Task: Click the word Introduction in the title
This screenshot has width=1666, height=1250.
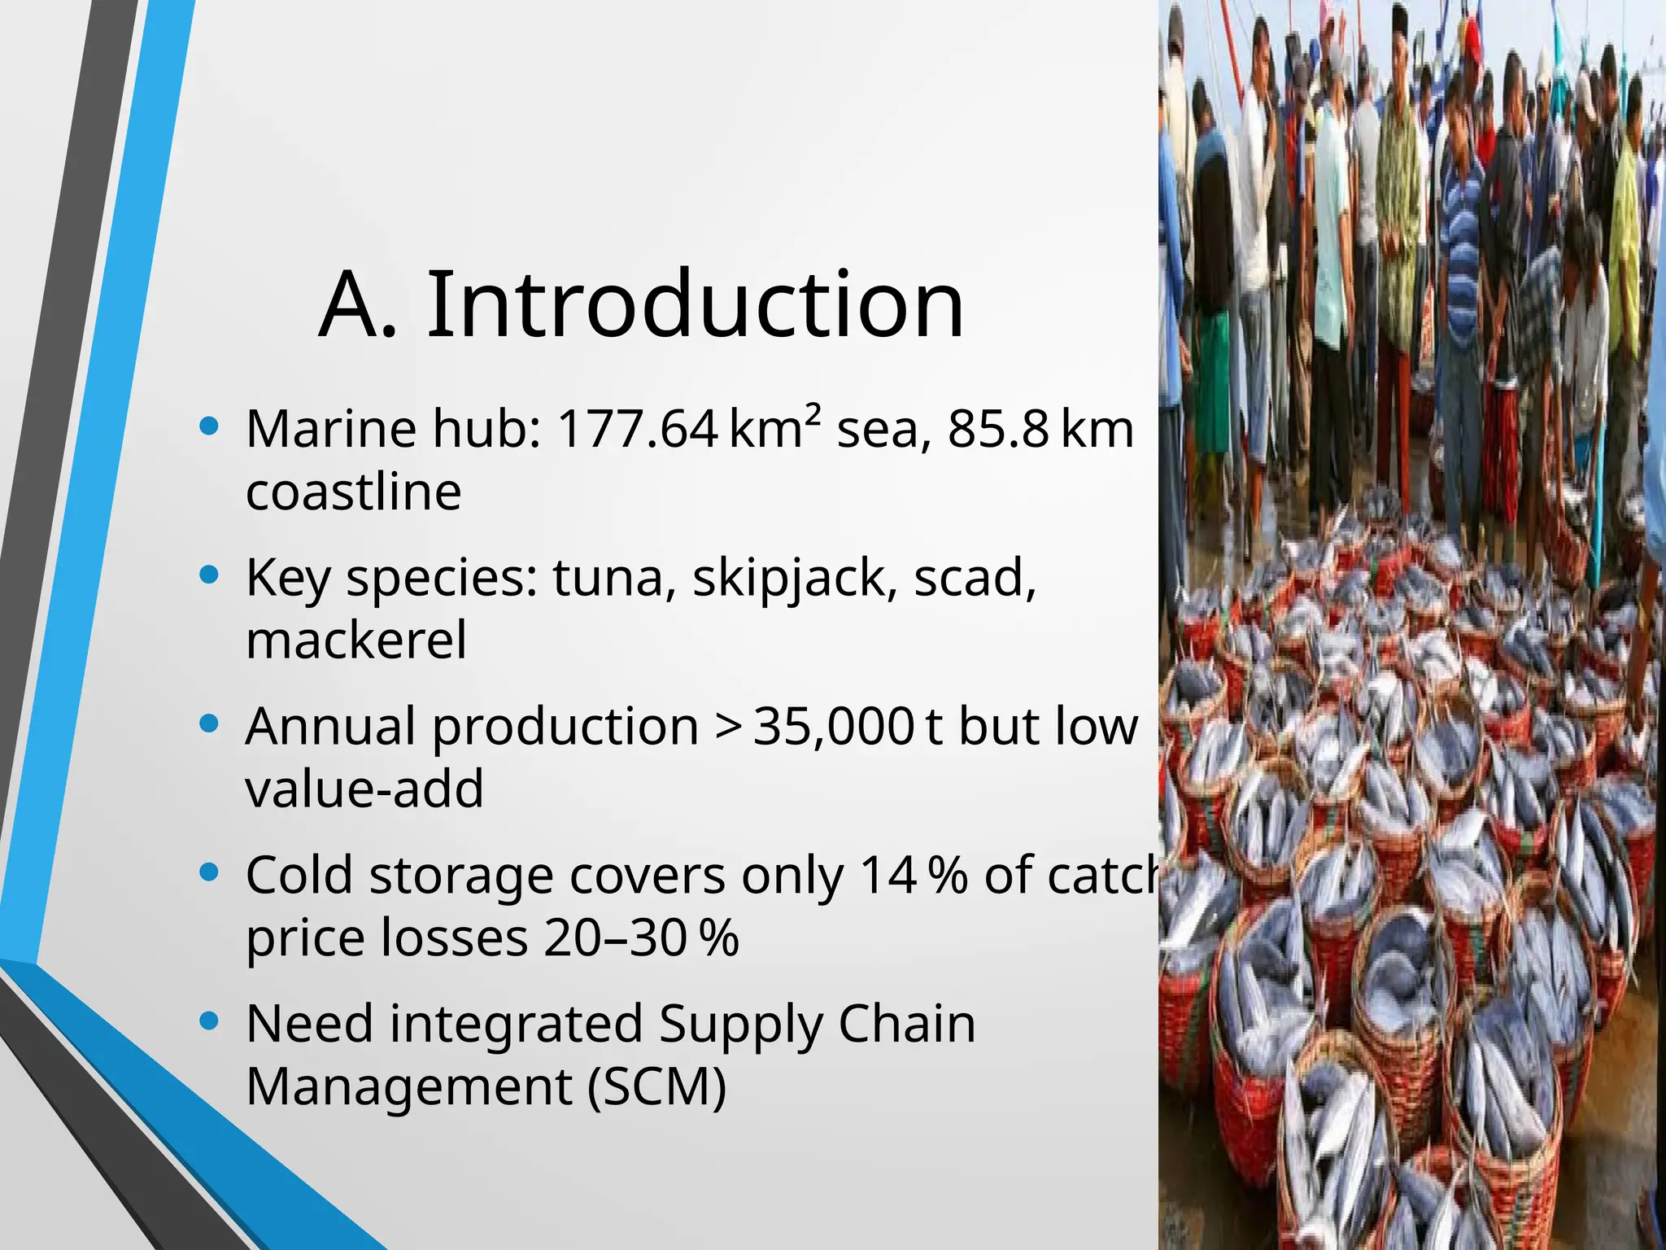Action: click(x=696, y=304)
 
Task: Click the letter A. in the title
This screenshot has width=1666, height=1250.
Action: click(x=358, y=306)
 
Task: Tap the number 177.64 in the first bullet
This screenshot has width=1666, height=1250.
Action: click(x=637, y=429)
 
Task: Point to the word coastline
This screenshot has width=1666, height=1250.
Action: click(x=354, y=492)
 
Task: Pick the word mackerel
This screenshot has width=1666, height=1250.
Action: click(x=356, y=640)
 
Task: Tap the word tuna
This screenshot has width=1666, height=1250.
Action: click(x=607, y=579)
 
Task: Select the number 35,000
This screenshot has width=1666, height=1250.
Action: click(x=834, y=727)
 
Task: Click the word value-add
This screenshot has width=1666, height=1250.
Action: click(x=364, y=789)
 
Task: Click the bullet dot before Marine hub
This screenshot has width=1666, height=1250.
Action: click(x=209, y=426)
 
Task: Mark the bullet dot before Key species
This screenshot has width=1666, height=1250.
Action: click(x=209, y=575)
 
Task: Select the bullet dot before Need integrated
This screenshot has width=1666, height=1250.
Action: click(x=209, y=1021)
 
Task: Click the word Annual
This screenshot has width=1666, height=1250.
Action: click(x=330, y=727)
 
